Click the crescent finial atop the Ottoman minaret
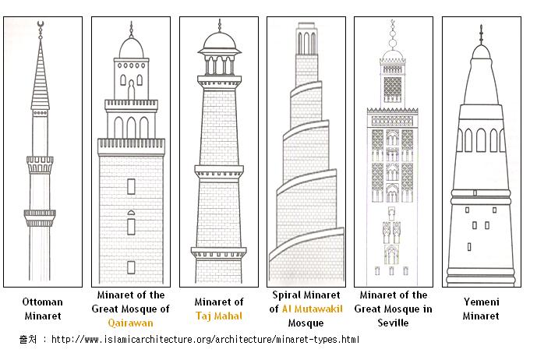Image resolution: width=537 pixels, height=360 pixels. pos(41,23)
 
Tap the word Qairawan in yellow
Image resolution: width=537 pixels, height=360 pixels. pos(130,323)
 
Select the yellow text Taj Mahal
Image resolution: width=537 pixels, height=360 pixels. pos(219,316)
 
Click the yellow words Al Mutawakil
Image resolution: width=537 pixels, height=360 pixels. pos(312,309)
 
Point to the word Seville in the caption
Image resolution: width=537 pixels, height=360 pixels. pos(393,323)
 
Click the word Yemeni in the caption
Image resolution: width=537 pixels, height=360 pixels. pos(481,302)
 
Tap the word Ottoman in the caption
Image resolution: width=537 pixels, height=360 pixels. pos(42,302)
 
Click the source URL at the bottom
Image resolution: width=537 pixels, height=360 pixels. pos(205,340)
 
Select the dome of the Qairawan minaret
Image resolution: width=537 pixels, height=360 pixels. pos(131,48)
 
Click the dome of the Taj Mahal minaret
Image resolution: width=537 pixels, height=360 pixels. pos(220,41)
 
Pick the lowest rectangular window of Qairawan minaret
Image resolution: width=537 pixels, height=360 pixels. pos(131,267)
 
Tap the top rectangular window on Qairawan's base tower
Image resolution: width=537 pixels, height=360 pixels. pos(131,187)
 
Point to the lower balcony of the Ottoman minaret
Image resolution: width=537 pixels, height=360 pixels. pos(40,218)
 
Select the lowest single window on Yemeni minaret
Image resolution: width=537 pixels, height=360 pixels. pos(469,246)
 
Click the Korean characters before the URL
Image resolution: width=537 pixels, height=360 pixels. pos(28,340)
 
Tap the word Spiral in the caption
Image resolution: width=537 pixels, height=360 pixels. pos(287,295)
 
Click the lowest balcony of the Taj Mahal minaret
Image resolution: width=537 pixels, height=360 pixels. pos(218,252)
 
